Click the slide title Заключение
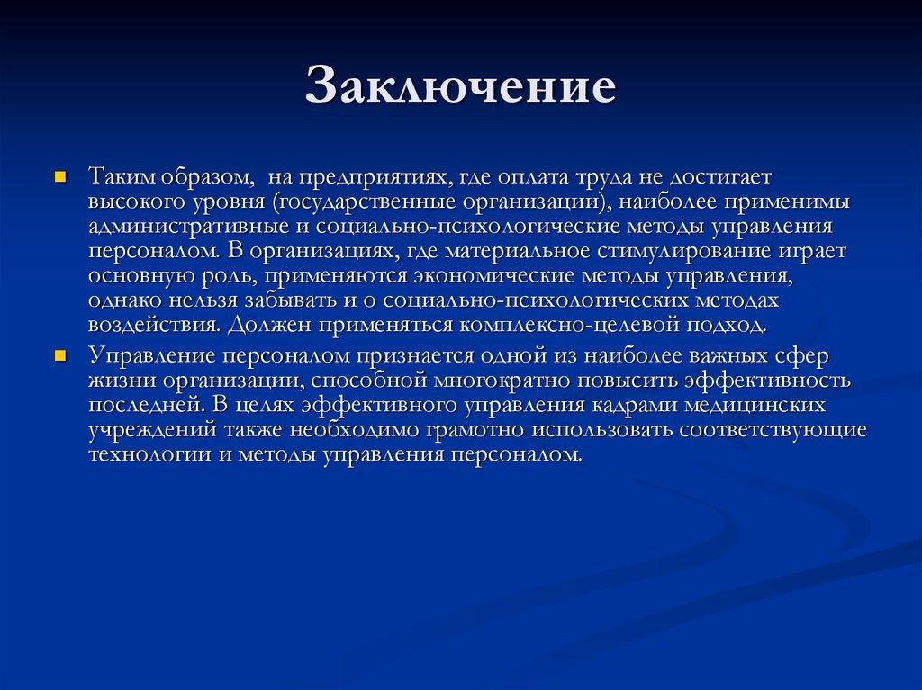click(460, 87)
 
